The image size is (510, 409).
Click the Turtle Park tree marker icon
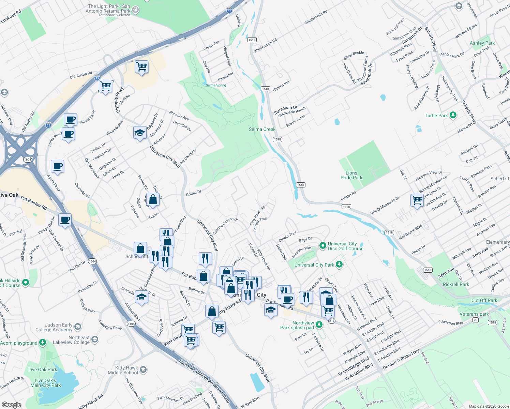click(453, 115)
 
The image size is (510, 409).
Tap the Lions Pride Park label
click(351, 175)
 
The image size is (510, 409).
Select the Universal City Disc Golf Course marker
click(322, 245)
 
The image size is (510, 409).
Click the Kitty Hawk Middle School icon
click(143, 369)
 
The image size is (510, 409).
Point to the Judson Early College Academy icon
click(78, 327)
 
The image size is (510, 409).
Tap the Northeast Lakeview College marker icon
click(95, 339)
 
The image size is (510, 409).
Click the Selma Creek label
click(262, 129)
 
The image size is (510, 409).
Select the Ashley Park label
click(482, 43)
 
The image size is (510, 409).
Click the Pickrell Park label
click(456, 284)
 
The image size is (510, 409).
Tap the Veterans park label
click(474, 314)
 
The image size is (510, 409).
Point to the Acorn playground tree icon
click(43, 342)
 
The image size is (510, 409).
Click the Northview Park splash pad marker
click(319, 324)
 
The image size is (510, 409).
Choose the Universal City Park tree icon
click(339, 264)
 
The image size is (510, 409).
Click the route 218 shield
click(332, 321)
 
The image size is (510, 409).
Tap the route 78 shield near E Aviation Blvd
click(476, 320)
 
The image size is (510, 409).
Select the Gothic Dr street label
click(193, 193)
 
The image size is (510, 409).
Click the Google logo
click(11, 405)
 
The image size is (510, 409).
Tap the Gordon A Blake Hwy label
click(401, 359)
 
